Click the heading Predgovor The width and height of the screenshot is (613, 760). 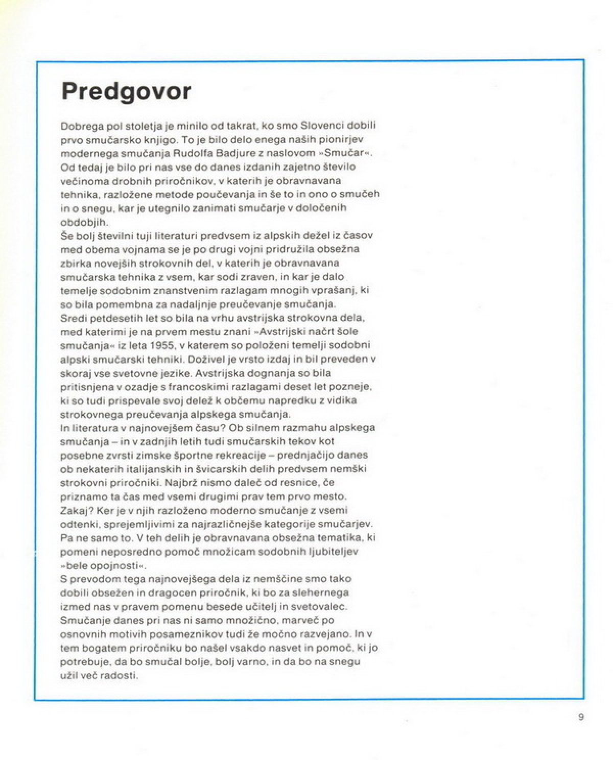tap(126, 91)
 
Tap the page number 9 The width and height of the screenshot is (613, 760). tap(581, 717)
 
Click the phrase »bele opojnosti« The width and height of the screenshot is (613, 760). tap(103, 565)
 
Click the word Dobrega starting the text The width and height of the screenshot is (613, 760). tap(81, 126)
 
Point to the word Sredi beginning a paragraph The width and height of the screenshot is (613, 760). tap(73, 318)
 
